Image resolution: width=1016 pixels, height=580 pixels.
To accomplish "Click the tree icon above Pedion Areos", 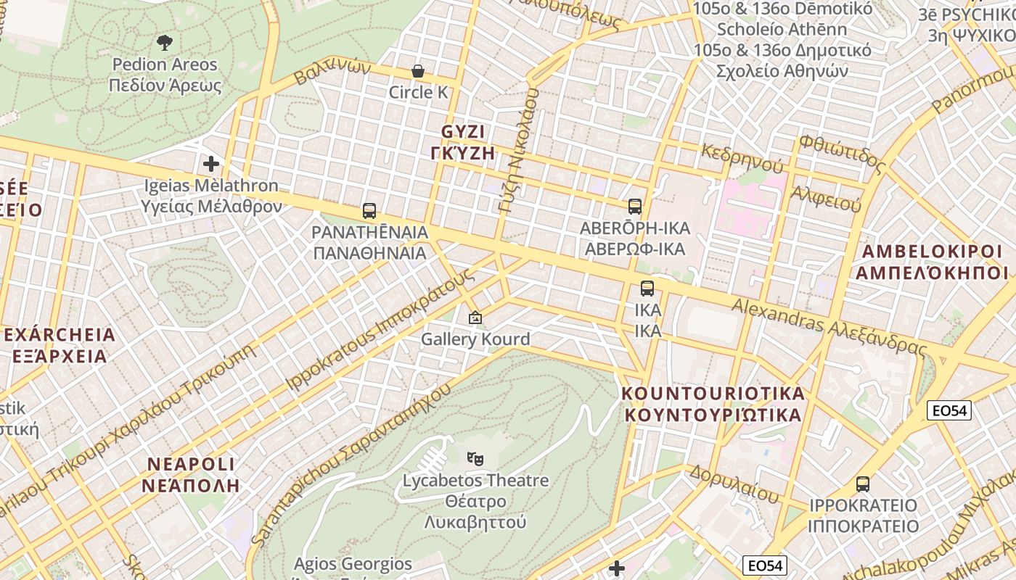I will click(165, 43).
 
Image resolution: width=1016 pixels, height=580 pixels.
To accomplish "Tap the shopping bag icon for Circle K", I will click(418, 71).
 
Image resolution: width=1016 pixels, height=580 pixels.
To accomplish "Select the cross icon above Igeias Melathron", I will click(211, 164).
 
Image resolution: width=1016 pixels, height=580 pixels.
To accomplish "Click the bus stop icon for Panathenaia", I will click(369, 211).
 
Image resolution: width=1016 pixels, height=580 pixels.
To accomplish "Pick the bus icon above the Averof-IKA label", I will click(635, 207).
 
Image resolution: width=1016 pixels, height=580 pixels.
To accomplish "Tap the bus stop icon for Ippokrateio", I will click(863, 484).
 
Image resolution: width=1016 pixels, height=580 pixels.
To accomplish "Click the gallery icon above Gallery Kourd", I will click(475, 318).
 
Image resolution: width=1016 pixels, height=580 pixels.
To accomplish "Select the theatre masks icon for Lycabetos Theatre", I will click(475, 458).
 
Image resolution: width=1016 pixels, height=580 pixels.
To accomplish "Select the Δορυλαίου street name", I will click(734, 484).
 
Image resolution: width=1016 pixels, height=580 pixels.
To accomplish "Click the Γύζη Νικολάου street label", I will click(517, 151).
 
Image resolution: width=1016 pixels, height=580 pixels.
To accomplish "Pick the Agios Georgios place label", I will click(353, 564).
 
